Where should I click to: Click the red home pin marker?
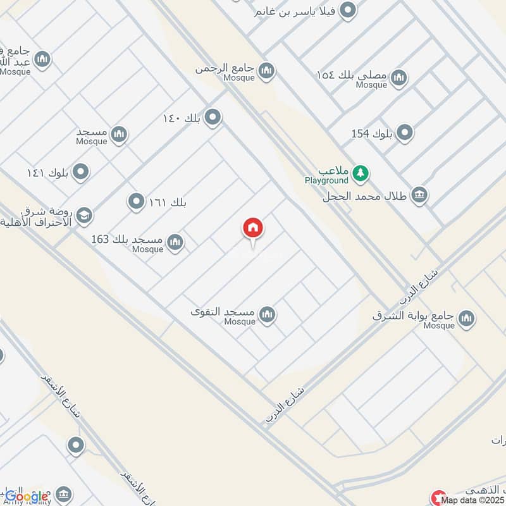click(254, 229)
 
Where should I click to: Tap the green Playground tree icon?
click(361, 173)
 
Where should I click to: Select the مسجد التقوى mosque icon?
click(268, 314)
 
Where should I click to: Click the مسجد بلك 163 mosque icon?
click(175, 242)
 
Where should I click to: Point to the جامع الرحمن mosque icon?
click(266, 70)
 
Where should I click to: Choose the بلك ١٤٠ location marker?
click(213, 117)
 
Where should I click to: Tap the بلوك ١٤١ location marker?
click(80, 171)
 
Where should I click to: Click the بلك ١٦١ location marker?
click(136, 202)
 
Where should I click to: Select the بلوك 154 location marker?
click(405, 133)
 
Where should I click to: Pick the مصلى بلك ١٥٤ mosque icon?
click(398, 78)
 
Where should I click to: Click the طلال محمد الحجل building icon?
click(419, 195)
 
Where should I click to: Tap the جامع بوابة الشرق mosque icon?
click(467, 318)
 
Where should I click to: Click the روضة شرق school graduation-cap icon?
click(83, 216)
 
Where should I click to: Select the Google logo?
click(27, 497)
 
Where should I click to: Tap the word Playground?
click(326, 180)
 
